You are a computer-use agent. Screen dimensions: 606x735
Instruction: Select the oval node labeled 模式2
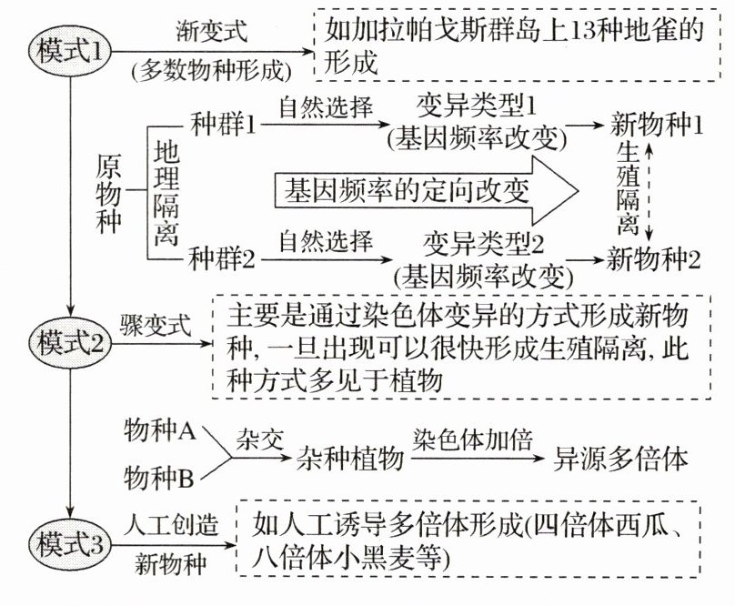point(71,342)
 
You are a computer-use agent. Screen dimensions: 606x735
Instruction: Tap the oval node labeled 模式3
point(71,542)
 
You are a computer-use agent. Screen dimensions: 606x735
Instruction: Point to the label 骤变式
point(154,324)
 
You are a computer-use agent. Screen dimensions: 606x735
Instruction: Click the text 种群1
point(223,122)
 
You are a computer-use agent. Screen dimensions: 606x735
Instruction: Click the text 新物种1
point(655,122)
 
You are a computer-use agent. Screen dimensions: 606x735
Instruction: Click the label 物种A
point(159,431)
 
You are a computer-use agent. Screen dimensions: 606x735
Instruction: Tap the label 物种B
point(159,477)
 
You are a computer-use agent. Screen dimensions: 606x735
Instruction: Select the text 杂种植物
point(350,459)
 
